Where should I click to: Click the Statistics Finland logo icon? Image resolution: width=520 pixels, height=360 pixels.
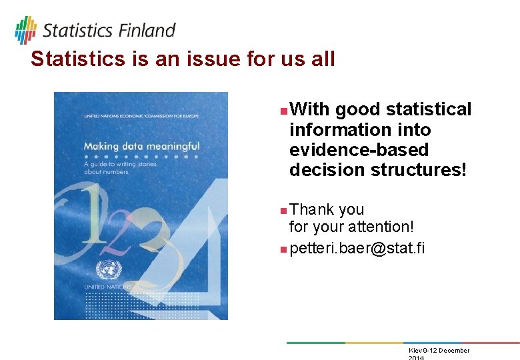25,30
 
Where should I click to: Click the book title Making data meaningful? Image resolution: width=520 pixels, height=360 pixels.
141,145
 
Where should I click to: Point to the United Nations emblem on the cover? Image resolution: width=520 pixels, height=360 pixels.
105,269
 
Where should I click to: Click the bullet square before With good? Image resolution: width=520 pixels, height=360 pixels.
283,109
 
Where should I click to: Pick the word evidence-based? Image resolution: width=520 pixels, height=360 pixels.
359,150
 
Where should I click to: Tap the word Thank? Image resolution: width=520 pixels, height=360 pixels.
312,209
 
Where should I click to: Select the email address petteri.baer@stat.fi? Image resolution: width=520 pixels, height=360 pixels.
357,249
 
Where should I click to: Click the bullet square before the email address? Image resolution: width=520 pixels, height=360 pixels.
283,249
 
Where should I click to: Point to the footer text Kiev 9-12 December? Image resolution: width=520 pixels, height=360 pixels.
438,351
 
